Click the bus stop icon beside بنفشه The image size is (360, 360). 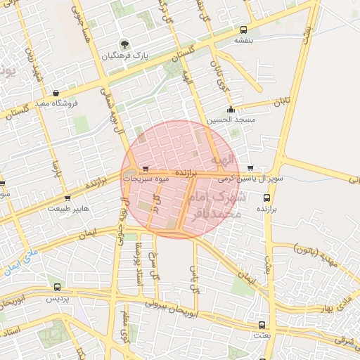coord(243,30)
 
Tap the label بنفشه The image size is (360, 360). coord(243,41)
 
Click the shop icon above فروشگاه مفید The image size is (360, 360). coord(56,92)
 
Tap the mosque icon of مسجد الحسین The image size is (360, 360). coord(231,109)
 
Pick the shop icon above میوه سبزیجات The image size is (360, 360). coord(145,169)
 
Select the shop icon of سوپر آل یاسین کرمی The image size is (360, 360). coord(251,168)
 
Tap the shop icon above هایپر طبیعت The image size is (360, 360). coord(67,198)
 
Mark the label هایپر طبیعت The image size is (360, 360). coord(69,208)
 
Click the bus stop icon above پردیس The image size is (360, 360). coord(57,287)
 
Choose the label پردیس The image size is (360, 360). coord(57,298)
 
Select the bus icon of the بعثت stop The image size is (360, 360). coord(263,325)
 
